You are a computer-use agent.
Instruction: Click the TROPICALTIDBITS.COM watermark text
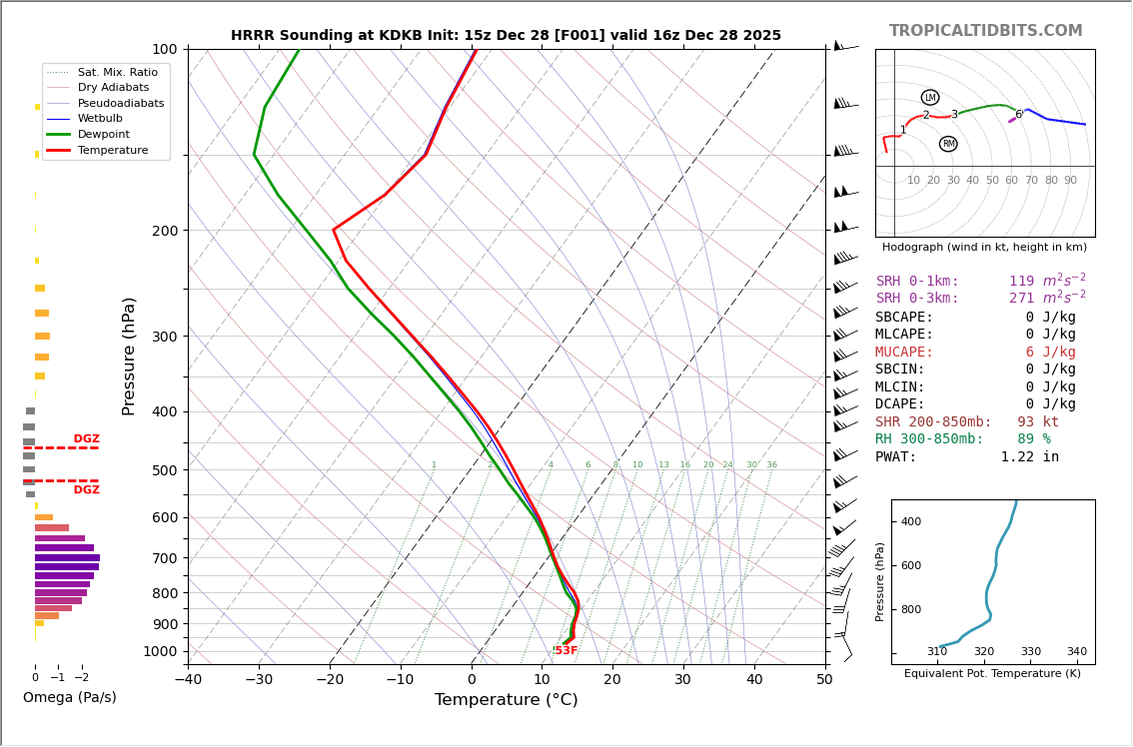[x=985, y=31]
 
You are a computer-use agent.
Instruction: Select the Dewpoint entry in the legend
[x=104, y=134]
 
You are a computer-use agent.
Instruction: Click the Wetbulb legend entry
[x=99, y=118]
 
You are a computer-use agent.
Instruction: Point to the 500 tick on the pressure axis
[x=165, y=470]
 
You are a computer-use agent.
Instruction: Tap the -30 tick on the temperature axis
[x=259, y=680]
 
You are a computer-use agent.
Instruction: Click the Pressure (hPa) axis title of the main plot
[x=129, y=356]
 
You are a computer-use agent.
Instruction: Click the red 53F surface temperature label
[x=566, y=651]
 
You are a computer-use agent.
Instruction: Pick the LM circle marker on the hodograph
[x=930, y=98]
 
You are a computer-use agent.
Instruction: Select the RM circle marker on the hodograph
[x=948, y=144]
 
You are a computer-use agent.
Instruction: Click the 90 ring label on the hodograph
[x=1070, y=181]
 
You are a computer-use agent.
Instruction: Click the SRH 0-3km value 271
[x=1028, y=299]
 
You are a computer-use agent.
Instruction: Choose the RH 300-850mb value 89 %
[x=1034, y=439]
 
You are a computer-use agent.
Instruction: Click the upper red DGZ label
[x=87, y=439]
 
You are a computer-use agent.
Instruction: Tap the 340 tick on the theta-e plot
[x=1076, y=652]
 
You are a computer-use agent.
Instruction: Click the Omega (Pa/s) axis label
[x=70, y=698]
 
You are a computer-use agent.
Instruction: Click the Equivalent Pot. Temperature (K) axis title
[x=992, y=674]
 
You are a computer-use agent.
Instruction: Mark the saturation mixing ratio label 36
[x=771, y=465]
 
